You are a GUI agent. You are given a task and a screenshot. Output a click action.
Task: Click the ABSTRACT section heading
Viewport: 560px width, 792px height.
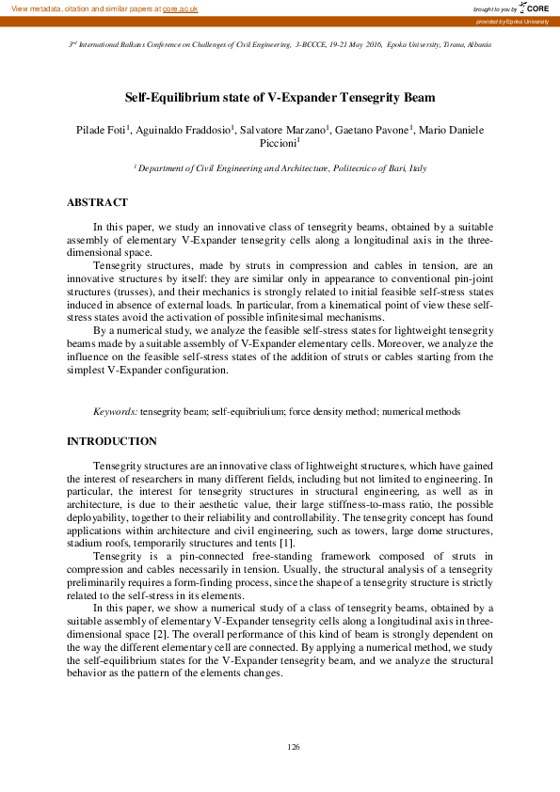click(97, 202)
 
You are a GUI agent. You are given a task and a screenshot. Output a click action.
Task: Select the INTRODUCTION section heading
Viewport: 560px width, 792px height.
click(112, 441)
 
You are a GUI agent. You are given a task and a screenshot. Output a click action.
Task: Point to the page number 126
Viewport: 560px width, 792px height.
click(293, 747)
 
